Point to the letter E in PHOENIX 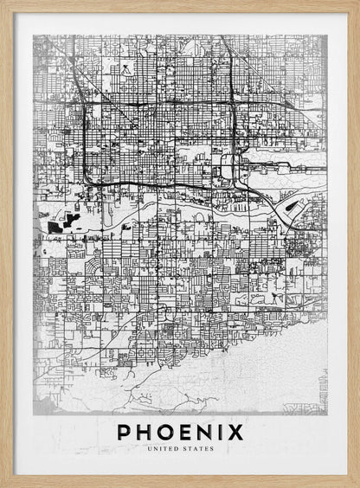(186, 431)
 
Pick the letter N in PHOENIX (206, 431)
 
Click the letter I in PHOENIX (222, 431)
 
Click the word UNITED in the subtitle (164, 448)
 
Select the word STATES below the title (196, 448)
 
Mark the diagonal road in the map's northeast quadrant (229, 56)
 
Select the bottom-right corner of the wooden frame (357, 485)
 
